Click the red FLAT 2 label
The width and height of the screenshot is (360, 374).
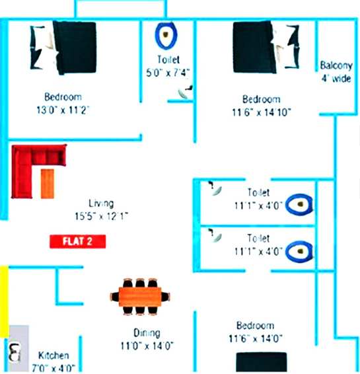78,241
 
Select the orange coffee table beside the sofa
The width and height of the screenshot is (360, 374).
48,184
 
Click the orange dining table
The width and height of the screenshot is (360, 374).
140,297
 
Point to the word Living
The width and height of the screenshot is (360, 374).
101,204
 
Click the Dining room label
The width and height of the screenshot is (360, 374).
147,333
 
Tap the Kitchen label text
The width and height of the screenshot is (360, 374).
54,355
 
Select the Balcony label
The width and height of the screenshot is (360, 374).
336,65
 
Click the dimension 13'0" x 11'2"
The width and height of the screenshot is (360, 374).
63,110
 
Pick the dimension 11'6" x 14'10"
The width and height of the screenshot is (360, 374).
262,112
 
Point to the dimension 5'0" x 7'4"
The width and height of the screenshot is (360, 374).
168,72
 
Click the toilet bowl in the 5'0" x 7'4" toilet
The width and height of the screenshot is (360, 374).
166,35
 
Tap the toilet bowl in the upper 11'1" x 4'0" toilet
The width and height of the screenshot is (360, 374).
299,205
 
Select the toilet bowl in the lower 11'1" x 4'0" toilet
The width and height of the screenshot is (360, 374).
299,252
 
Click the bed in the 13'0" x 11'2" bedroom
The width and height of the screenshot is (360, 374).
63,48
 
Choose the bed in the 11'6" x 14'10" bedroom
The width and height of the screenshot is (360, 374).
266,47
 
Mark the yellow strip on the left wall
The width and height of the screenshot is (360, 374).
4,302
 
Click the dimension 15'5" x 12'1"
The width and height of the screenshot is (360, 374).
102,216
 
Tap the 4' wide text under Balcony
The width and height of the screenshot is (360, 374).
336,78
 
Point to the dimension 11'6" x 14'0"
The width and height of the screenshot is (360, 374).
256,339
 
